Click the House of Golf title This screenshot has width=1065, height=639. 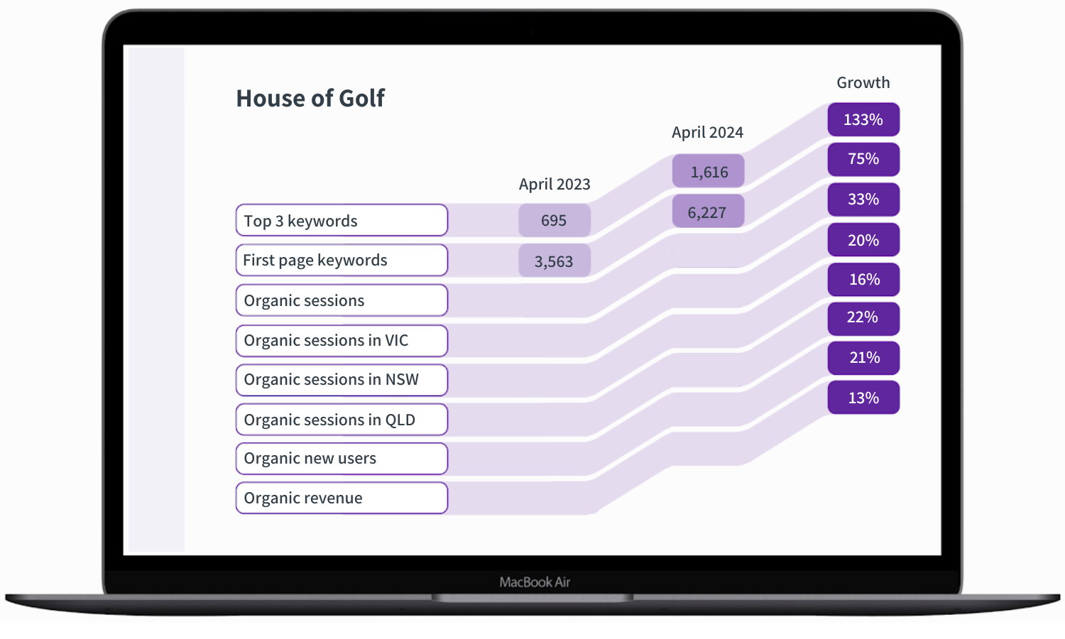(x=310, y=98)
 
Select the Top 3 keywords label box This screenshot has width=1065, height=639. (x=342, y=220)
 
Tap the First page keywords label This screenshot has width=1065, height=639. (x=342, y=260)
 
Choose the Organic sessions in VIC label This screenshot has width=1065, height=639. (x=342, y=341)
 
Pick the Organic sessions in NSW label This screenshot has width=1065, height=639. (x=342, y=380)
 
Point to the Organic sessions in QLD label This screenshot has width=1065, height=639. (x=342, y=420)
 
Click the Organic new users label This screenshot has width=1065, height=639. (x=342, y=459)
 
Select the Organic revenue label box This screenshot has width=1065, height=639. (x=342, y=498)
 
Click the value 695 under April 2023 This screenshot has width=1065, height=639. (x=555, y=220)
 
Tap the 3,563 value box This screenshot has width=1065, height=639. (x=555, y=261)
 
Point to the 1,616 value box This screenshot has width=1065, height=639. (x=709, y=171)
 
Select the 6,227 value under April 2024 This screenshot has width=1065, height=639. (x=708, y=212)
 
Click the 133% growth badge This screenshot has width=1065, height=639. (x=863, y=119)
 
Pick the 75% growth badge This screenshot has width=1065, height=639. (x=863, y=159)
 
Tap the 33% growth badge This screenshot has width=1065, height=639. (x=863, y=200)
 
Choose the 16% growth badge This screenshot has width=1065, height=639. (x=863, y=280)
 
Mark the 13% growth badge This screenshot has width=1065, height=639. (x=863, y=398)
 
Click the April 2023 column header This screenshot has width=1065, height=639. (x=555, y=185)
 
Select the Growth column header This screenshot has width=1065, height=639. (x=863, y=82)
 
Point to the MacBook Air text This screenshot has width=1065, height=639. (x=535, y=582)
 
